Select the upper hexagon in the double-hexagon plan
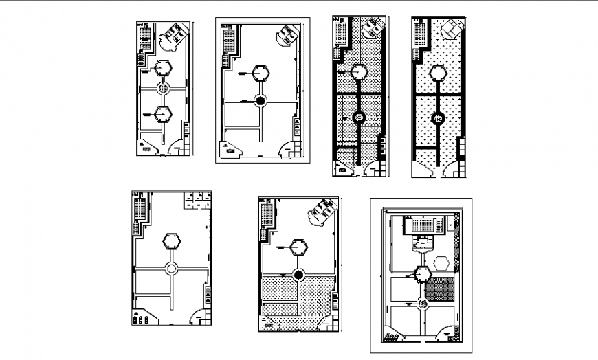tap(163, 68)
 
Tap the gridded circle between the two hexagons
tap(163, 89)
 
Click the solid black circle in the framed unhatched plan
tap(261, 101)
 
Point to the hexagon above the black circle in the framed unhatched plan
tap(261, 72)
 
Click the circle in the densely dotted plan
tap(357, 117)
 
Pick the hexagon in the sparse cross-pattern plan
tap(436, 72)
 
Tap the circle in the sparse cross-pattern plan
tap(436, 118)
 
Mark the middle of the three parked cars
tap(141, 319)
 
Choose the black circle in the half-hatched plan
tap(299, 275)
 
